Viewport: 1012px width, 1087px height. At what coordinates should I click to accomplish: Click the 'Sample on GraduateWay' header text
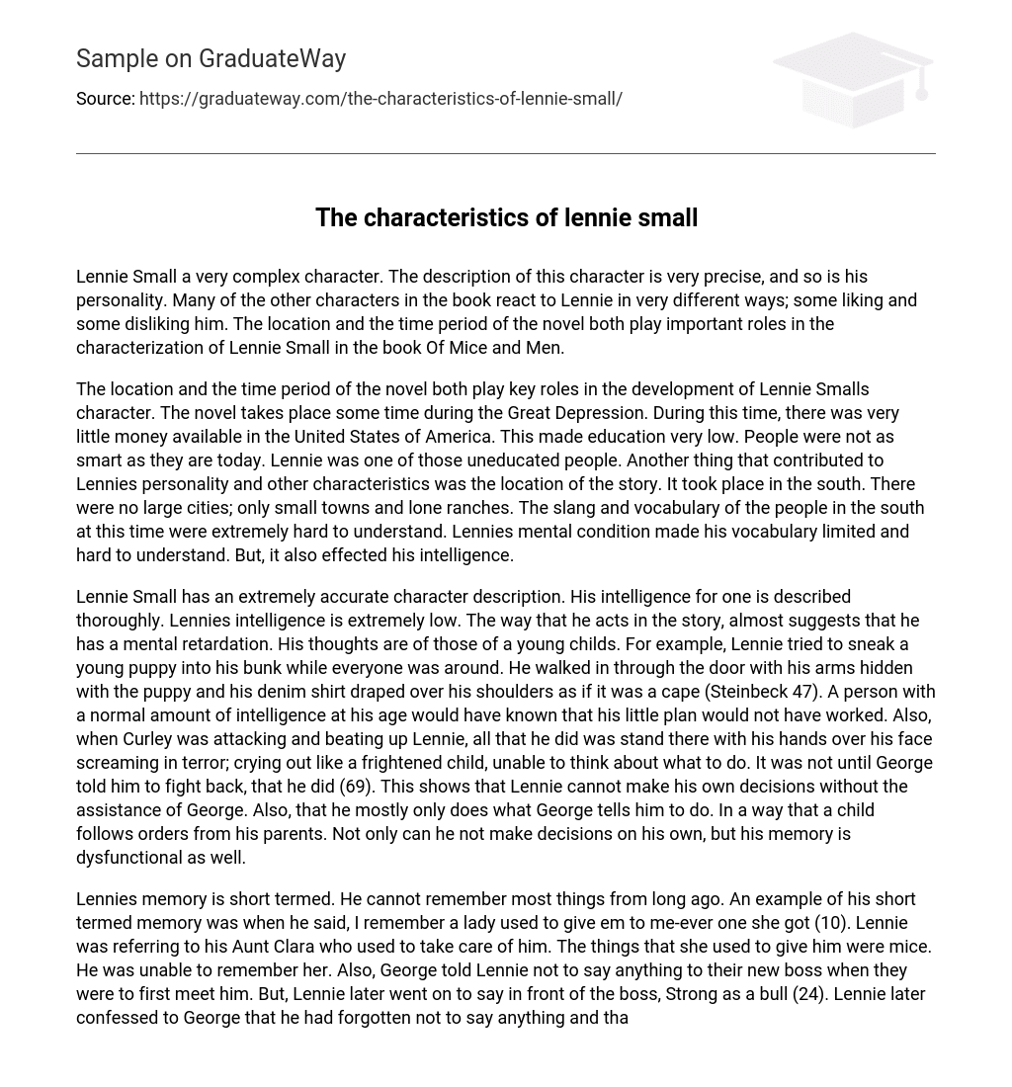click(x=211, y=59)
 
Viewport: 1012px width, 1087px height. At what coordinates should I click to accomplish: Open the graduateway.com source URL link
click(x=380, y=99)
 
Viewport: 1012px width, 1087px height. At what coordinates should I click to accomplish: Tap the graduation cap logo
click(x=853, y=79)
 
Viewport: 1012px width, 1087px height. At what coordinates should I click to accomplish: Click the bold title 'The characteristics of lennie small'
click(x=506, y=218)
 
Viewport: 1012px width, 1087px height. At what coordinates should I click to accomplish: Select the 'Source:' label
click(x=106, y=99)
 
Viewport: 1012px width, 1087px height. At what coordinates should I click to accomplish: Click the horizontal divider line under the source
click(x=506, y=153)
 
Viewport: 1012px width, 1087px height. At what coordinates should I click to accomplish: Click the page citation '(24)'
click(x=809, y=994)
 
